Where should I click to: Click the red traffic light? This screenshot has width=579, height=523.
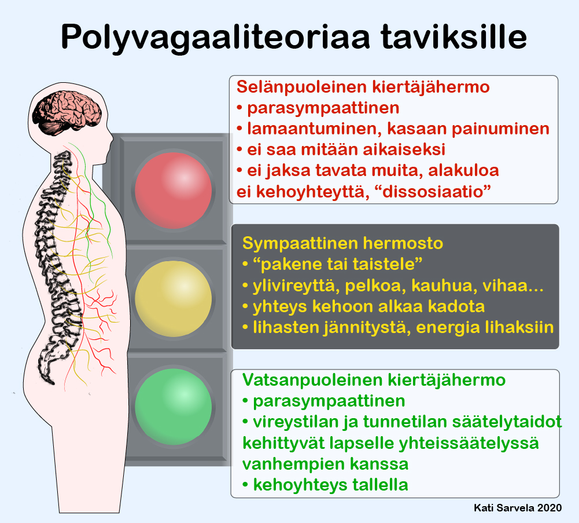coord(173,191)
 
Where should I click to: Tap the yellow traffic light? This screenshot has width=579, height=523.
coord(173,299)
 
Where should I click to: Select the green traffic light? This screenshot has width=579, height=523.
coord(173,407)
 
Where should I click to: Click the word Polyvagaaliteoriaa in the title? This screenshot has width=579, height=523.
coord(215,38)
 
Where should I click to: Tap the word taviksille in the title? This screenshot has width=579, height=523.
coord(453,36)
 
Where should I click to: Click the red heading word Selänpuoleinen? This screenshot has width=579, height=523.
coord(302,87)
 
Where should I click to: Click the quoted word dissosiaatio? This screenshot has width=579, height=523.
coord(433,192)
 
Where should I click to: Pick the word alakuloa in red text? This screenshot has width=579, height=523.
coord(463,170)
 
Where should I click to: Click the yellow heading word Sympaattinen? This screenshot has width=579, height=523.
coord(300,244)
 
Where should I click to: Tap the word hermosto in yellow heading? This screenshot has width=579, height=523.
coord(403,243)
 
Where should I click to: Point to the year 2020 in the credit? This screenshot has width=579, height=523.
coord(550,508)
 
